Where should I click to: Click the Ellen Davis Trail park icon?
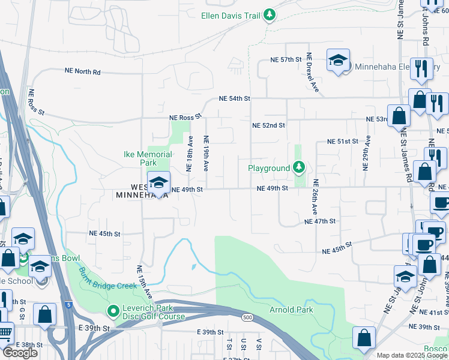[x=270, y=14]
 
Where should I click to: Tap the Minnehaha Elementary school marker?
[x=338, y=61]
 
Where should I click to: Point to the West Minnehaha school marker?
[x=158, y=184]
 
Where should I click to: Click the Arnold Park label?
[x=291, y=310]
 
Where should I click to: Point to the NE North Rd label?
[x=83, y=71]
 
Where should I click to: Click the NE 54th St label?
[x=234, y=98]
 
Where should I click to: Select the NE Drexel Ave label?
[x=313, y=73]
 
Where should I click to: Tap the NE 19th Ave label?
[x=206, y=153]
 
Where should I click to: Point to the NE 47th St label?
[x=319, y=221]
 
